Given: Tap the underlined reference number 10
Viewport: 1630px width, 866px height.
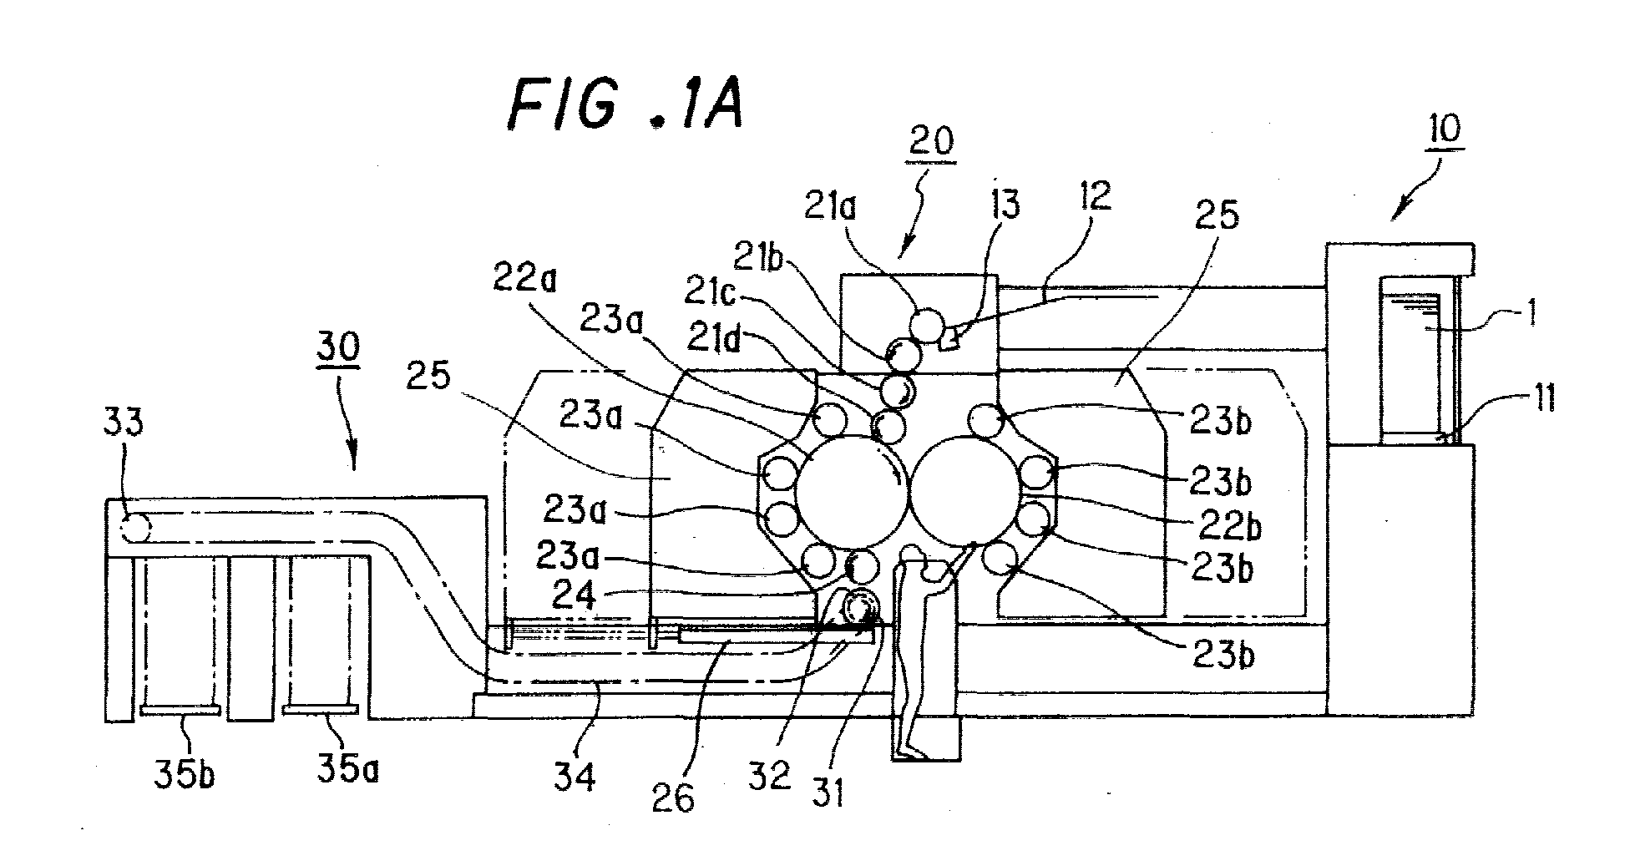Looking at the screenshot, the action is [1445, 132].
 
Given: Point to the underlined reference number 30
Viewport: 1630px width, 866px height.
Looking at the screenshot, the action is [339, 349].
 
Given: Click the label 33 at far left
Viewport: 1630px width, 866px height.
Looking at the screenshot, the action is [124, 423].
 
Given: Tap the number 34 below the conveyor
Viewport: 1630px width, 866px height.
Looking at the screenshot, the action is [575, 776].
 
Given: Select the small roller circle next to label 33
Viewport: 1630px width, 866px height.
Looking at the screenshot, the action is [134, 528].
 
